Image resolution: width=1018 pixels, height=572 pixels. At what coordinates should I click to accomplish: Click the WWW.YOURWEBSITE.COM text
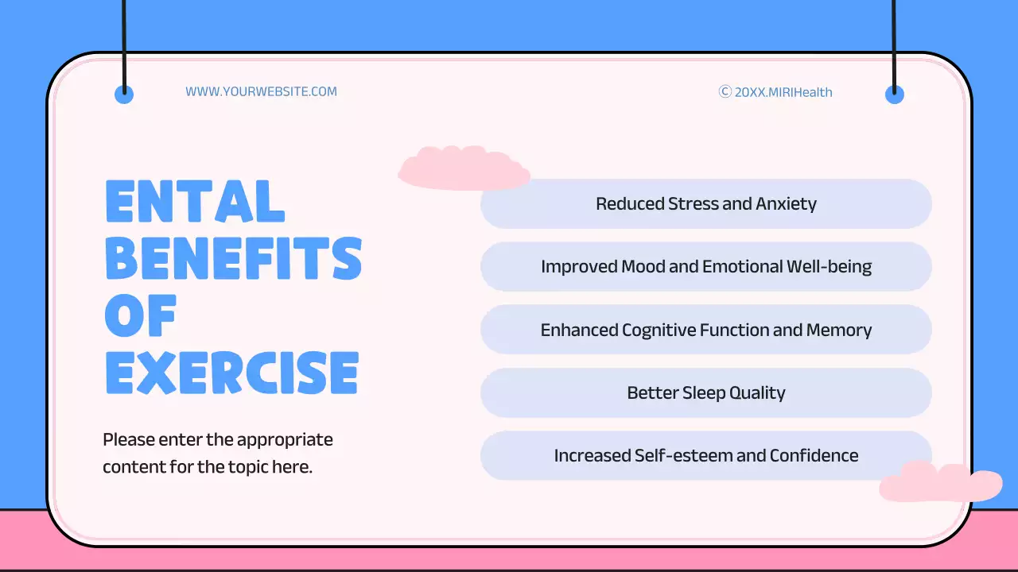261,91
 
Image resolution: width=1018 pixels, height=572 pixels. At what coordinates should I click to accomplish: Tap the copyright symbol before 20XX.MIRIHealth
725,91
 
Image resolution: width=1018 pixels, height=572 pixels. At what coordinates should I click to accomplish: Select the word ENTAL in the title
195,202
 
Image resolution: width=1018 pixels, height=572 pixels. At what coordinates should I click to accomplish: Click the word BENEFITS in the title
234,258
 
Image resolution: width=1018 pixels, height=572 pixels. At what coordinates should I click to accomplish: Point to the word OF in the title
141,315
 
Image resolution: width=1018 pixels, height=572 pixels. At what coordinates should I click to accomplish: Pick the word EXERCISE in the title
232,373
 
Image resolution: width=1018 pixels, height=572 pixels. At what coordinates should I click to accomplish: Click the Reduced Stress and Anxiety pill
705,204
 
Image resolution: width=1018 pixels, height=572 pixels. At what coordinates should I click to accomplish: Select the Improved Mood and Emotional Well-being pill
705,267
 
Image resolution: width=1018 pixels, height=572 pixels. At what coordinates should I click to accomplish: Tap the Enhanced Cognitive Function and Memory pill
705,330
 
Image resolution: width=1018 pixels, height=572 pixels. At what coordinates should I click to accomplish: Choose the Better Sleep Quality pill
705,392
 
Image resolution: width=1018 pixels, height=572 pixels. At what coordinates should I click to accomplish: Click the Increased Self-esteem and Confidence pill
705,455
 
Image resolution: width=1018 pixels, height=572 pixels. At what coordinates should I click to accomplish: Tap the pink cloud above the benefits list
464,168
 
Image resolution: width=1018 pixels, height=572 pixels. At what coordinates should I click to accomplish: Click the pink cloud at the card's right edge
940,482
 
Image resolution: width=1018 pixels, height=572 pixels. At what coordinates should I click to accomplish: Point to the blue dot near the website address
124,95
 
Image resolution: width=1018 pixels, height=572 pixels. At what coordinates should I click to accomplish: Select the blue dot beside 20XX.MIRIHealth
895,95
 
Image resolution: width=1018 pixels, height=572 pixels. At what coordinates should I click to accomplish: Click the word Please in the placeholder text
128,439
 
